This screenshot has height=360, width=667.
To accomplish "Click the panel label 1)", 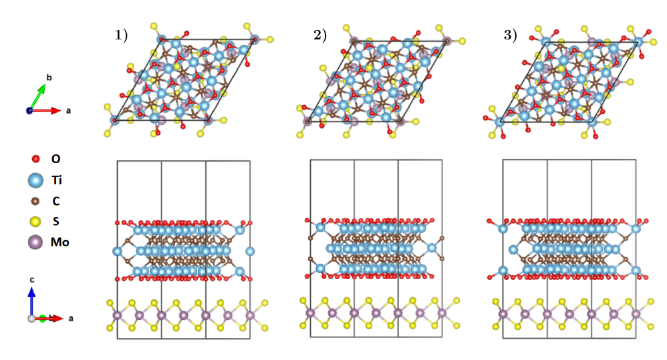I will point(122,36).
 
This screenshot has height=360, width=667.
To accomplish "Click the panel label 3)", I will point(511,36).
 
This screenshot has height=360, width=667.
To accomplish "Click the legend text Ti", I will point(57,180).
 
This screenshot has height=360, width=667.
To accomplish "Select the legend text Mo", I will point(59,242).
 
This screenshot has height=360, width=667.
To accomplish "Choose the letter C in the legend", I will point(55,200).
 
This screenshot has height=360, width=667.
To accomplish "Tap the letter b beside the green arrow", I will point(48,77).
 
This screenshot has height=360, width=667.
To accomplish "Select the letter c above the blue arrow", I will point(31,279).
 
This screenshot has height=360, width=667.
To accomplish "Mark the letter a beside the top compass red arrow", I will point(68,110).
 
